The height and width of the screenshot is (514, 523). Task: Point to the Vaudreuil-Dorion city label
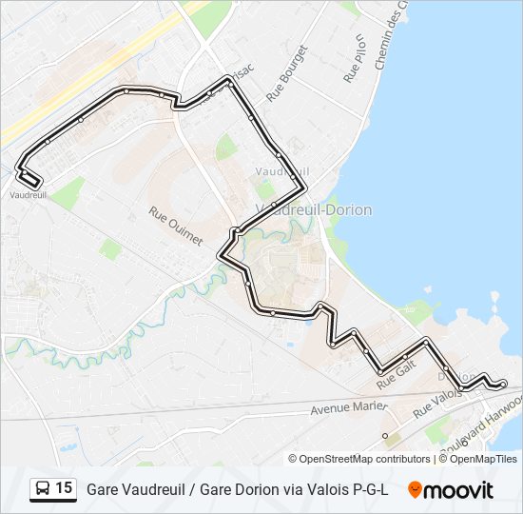(x=314, y=209)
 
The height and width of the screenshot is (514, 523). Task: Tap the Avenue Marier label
(x=349, y=409)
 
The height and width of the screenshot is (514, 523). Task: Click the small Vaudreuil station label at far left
(x=28, y=194)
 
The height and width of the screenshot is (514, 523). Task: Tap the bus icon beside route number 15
(x=42, y=489)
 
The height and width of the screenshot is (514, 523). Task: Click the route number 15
(x=64, y=488)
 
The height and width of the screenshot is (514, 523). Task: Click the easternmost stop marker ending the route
(x=502, y=385)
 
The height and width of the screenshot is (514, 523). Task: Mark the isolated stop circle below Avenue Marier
(x=385, y=435)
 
